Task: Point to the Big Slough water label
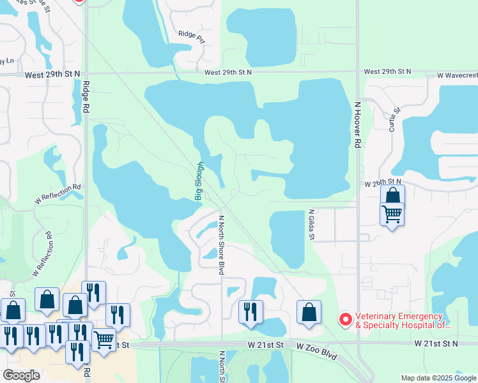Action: click(199, 181)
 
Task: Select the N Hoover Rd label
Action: click(358, 124)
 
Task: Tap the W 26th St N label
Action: click(382, 183)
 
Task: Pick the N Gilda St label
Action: click(312, 225)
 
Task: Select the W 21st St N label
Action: click(436, 343)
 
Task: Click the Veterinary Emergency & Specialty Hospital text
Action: click(399, 320)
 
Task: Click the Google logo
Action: click(21, 375)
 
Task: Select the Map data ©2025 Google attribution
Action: click(438, 378)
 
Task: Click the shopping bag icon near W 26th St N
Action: click(392, 195)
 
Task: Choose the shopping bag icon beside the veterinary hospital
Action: click(309, 313)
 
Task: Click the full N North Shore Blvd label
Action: click(222, 245)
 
